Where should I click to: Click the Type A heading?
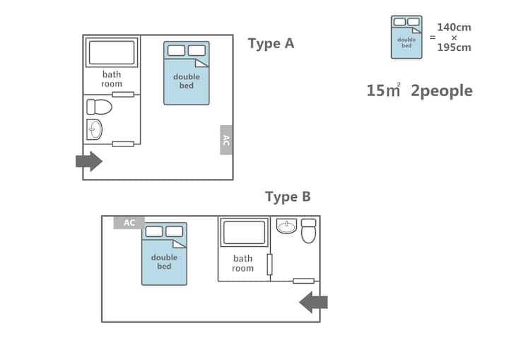click(x=271, y=44)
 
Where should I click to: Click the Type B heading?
click(x=288, y=197)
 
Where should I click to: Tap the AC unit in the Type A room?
click(x=226, y=140)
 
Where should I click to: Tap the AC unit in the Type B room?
click(x=129, y=223)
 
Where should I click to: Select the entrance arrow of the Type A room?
click(x=89, y=161)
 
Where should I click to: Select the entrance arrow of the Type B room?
click(x=313, y=302)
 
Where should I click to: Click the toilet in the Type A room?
click(x=100, y=107)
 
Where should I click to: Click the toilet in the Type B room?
click(x=309, y=231)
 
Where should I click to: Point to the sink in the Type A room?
click(x=95, y=129)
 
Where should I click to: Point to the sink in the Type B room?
click(x=286, y=226)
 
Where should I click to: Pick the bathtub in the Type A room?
click(x=112, y=52)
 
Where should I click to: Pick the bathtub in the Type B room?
click(x=245, y=232)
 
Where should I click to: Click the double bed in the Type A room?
click(x=187, y=73)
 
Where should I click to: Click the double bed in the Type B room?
click(x=164, y=254)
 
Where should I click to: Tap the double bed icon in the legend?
click(x=406, y=37)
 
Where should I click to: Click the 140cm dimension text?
click(x=454, y=28)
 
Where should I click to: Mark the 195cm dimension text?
click(x=454, y=47)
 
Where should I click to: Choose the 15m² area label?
click(x=384, y=91)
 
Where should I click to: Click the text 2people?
click(x=442, y=91)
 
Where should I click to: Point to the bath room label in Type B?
click(x=242, y=264)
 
